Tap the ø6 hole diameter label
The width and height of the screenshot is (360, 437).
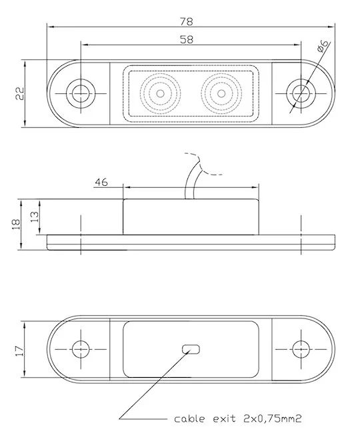coord(322,47)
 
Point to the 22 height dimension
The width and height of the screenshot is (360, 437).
coord(19,93)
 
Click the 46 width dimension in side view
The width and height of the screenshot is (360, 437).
coord(101,181)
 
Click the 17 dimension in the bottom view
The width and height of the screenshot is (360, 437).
coord(19,348)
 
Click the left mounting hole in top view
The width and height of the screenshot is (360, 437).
coord(81,93)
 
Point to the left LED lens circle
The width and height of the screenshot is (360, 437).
coord(160,93)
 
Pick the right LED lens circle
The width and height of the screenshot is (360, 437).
coord(219,93)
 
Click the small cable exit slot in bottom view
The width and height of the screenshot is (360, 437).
coord(191,348)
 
